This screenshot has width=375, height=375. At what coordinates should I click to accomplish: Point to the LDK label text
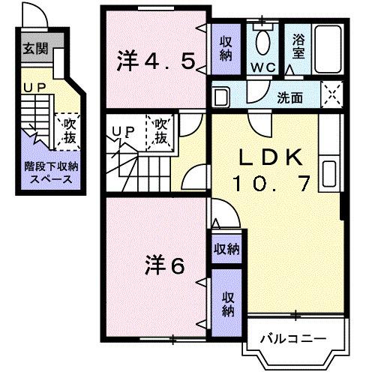[x=270, y=158]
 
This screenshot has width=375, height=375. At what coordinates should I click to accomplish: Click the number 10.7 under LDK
[x=270, y=182]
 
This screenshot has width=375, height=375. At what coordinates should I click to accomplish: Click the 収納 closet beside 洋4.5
[x=226, y=48]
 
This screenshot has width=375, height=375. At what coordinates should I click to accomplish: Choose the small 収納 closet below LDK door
[x=225, y=248]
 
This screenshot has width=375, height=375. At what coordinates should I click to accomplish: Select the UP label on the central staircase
[x=121, y=131]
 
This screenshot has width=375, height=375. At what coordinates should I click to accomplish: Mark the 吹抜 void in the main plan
[x=161, y=133]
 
